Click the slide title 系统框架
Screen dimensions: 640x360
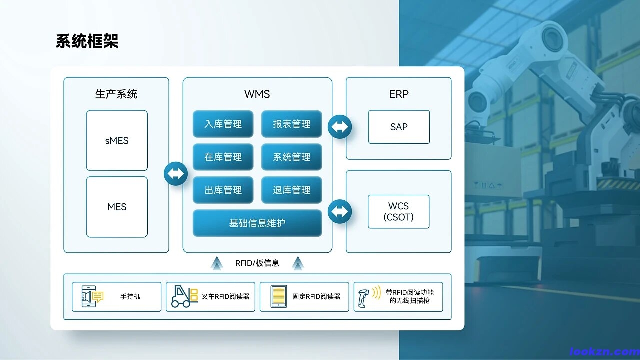(x=87, y=41)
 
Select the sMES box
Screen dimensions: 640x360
(x=117, y=141)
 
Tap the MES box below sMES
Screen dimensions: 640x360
(x=117, y=207)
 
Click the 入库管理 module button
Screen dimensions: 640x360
(x=223, y=124)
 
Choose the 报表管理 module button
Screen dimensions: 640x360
(x=291, y=124)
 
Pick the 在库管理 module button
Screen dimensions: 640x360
(x=223, y=157)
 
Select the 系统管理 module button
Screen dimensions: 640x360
(x=291, y=157)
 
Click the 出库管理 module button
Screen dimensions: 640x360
(x=223, y=190)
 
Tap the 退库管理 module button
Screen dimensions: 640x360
(x=291, y=190)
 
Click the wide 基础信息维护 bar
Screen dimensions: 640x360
(x=257, y=223)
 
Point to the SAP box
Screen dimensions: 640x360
(x=399, y=127)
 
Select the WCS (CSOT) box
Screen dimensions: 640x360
(x=399, y=211)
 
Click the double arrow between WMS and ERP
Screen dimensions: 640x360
(x=340, y=127)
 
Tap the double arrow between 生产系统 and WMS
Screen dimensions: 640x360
(x=176, y=173)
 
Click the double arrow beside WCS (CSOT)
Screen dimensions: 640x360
(x=340, y=211)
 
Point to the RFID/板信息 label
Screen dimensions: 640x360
(x=257, y=263)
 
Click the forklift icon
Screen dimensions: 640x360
(x=184, y=297)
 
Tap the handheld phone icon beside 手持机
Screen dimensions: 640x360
(x=92, y=296)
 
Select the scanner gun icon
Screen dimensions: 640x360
(x=369, y=297)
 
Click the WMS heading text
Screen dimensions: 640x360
(x=257, y=94)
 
